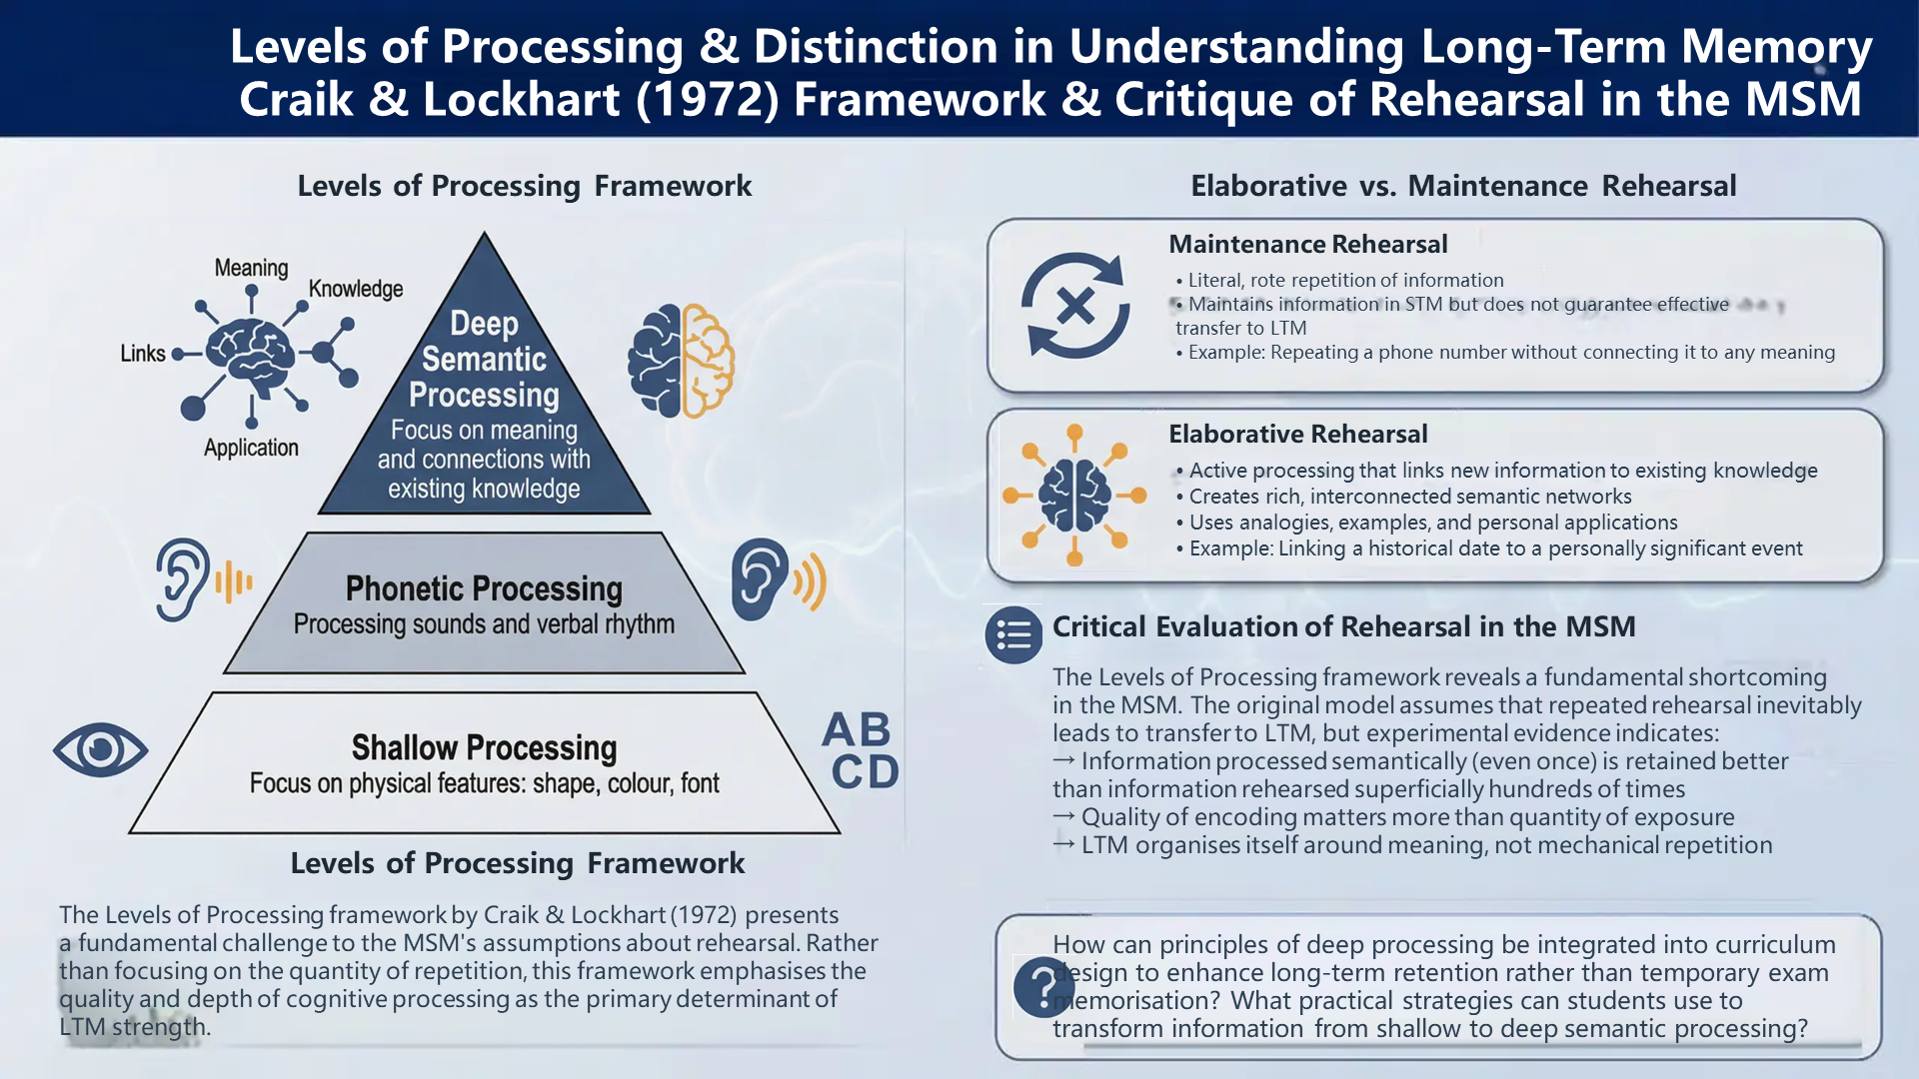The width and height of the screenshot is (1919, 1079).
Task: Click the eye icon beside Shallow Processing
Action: tap(101, 749)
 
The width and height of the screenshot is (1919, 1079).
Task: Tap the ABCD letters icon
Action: tap(860, 750)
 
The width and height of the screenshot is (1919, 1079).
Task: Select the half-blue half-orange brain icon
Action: tap(681, 360)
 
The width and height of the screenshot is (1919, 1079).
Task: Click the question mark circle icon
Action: tap(1043, 986)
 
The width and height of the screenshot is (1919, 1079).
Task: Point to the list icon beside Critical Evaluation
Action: tap(1013, 634)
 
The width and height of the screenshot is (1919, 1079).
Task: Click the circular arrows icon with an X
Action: tap(1075, 305)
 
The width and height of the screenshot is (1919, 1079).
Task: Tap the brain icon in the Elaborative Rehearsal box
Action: tap(1074, 495)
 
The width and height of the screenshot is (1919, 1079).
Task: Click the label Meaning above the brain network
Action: tap(251, 268)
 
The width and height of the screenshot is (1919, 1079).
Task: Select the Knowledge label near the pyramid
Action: tap(356, 289)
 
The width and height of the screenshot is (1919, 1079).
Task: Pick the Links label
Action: tap(143, 354)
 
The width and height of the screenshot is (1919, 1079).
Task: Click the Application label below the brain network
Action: tap(251, 448)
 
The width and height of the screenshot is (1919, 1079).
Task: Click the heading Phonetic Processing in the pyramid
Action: tap(484, 588)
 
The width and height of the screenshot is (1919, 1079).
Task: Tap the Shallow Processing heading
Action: tap(484, 747)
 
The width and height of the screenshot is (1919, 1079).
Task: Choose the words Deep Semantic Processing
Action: tap(484, 360)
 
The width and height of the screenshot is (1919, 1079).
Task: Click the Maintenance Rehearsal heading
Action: tap(1308, 244)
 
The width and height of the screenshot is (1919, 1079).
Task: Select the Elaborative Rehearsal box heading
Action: tap(1298, 434)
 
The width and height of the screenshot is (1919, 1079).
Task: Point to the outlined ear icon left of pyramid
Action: tap(205, 579)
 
